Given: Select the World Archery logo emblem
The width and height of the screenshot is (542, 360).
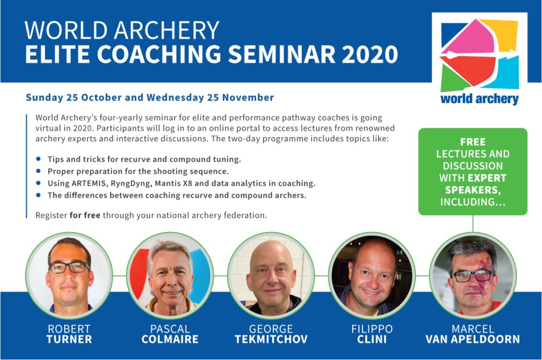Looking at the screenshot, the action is (x=480, y=55).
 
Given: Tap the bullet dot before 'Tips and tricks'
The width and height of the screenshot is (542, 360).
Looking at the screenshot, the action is (x=38, y=159).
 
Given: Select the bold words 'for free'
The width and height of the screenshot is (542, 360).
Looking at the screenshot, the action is (x=85, y=215).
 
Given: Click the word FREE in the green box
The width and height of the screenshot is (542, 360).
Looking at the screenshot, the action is (x=473, y=142).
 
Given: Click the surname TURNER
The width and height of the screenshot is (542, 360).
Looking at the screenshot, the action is (x=69, y=339).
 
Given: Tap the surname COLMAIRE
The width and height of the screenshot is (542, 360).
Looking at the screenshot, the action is (x=170, y=339).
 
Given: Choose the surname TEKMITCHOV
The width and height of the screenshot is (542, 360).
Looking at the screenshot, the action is (x=271, y=339).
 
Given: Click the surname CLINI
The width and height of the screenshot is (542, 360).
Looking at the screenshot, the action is (x=372, y=339).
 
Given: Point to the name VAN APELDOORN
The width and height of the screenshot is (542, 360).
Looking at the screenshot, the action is (x=473, y=339).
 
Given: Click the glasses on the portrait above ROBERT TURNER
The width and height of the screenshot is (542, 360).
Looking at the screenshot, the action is (x=69, y=267).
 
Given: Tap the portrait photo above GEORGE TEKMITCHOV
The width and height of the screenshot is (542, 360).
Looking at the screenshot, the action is (x=271, y=275).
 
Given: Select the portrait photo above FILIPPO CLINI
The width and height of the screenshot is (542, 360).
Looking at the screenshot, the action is (x=372, y=275).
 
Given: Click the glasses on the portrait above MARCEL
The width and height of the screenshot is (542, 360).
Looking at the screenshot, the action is (x=473, y=276).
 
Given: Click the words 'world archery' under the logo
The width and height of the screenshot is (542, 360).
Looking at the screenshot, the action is (x=480, y=99).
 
